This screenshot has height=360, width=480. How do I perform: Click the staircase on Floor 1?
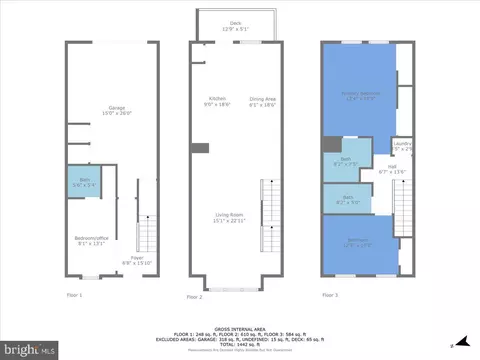(147, 235)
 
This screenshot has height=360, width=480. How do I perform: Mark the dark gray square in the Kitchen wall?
(201, 148)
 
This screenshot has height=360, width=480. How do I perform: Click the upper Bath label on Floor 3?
(346, 160)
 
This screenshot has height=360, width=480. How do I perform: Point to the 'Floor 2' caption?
(194, 297)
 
